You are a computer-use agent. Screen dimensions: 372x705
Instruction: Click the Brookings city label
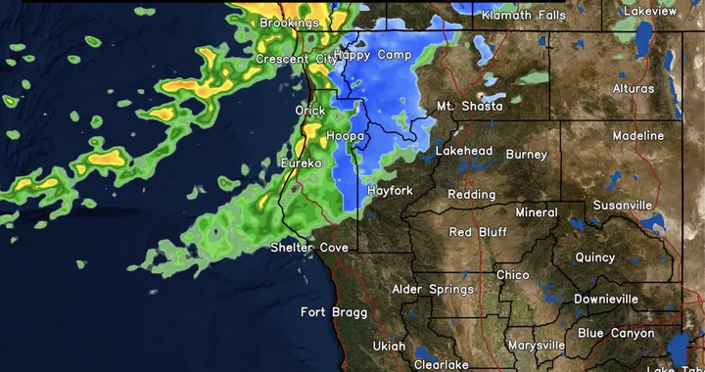point(290,22)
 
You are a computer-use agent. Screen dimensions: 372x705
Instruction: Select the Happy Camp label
point(373,56)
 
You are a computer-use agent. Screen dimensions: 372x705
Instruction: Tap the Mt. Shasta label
point(464,106)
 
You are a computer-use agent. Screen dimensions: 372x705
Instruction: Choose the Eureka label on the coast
point(301,163)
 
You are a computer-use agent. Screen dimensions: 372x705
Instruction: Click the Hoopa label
point(345,135)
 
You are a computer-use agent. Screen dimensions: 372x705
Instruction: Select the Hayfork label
point(390,190)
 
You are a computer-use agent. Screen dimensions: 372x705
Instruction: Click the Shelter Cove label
point(309,248)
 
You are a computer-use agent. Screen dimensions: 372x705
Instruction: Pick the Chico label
point(513,275)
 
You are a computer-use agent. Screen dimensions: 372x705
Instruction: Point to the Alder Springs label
point(433,290)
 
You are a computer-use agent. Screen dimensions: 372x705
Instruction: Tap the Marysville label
point(537,346)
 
